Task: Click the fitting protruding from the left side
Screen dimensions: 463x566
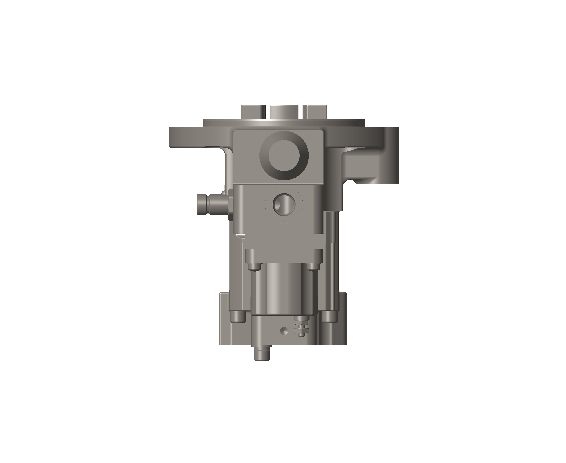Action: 212,205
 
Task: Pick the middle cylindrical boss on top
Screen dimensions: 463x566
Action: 284,112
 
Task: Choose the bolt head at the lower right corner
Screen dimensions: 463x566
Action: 329,317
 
